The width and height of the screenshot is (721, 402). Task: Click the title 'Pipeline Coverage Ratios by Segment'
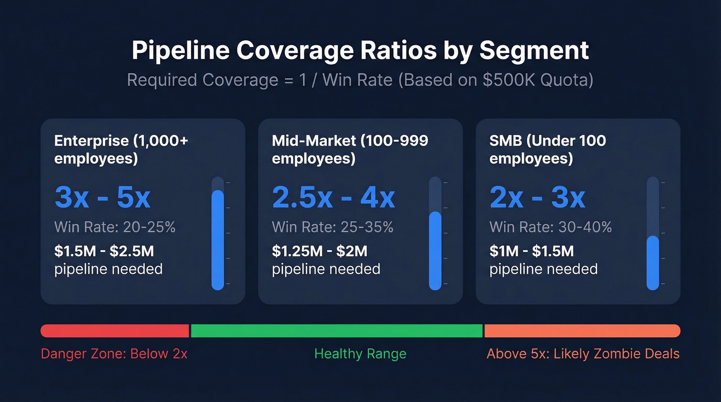(x=360, y=51)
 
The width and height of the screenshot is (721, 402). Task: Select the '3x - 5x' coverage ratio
(x=102, y=197)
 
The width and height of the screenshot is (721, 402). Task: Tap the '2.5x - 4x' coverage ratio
(x=333, y=197)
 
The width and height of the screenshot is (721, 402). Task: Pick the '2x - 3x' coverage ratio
(x=537, y=197)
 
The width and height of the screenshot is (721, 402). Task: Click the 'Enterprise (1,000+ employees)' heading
(x=121, y=149)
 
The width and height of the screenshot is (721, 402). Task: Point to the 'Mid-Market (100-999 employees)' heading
(x=350, y=149)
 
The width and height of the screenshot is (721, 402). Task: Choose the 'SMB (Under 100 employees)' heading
(x=547, y=149)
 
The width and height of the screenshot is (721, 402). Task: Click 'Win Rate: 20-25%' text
(x=115, y=227)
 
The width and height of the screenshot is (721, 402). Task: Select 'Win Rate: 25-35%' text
(x=333, y=227)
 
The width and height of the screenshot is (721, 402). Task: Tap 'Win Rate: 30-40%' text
(x=551, y=227)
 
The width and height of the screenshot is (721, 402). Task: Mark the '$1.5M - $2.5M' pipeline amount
(x=104, y=251)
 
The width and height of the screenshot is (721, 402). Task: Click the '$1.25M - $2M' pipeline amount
(x=319, y=251)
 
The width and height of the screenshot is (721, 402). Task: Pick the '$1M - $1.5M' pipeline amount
(x=531, y=251)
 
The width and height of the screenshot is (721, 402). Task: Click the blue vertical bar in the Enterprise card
(x=218, y=239)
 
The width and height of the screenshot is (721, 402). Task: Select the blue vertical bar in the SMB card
(x=653, y=263)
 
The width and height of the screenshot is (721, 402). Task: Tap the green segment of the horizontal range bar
(x=337, y=331)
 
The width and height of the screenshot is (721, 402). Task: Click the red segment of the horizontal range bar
(x=115, y=331)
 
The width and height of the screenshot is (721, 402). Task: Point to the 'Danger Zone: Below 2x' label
(x=114, y=354)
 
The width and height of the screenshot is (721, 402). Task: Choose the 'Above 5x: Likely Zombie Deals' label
(x=583, y=354)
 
